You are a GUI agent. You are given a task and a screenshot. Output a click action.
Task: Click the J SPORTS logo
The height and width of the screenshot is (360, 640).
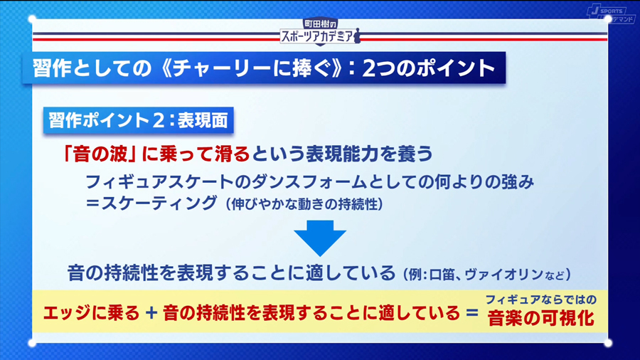click(606, 14)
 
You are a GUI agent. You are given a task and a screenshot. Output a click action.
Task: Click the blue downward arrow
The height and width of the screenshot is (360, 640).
click(319, 238)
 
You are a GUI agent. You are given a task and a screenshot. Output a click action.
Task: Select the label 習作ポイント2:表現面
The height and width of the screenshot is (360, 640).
click(138, 120)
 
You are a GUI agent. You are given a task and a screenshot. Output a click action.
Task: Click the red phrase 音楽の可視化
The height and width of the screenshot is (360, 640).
click(541, 318)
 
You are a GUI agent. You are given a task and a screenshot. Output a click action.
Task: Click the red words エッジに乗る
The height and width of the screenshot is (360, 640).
click(92, 313)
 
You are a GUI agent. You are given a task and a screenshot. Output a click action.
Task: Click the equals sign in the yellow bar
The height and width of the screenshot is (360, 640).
click(469, 313)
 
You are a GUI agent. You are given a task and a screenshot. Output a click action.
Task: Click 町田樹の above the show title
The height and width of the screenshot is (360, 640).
click(319, 23)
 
